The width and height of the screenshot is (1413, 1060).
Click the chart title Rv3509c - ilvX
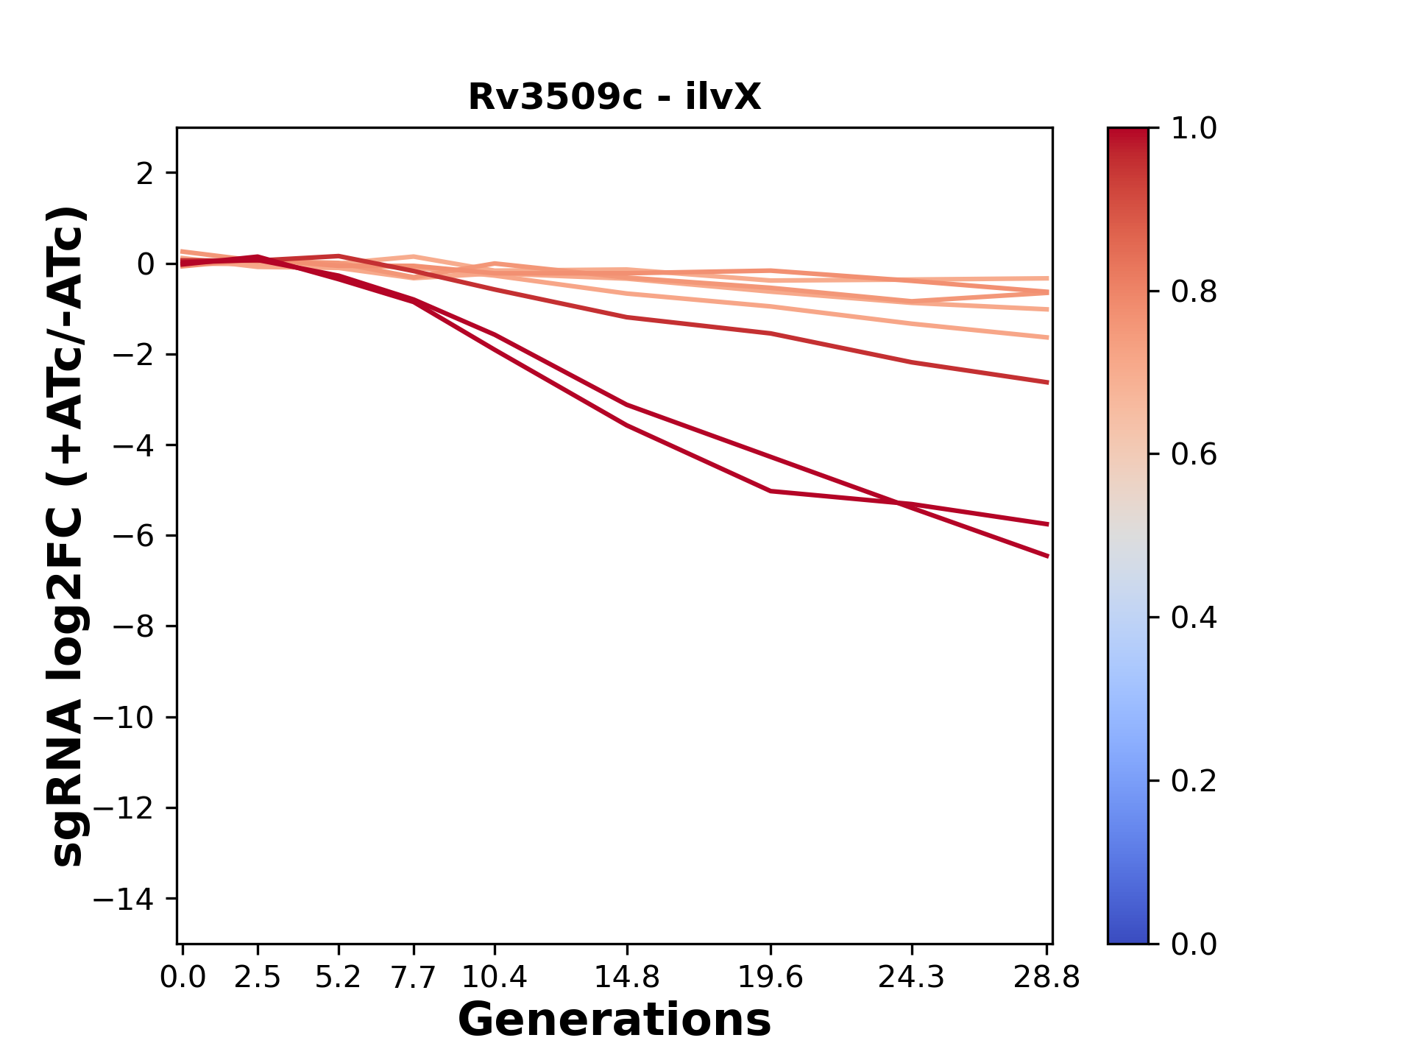(615, 97)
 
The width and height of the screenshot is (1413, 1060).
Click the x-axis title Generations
(615, 1020)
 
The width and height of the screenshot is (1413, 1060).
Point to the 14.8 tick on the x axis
(626, 978)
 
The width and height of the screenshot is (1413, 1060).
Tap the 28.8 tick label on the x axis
(1047, 978)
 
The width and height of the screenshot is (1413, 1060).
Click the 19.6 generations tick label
(771, 978)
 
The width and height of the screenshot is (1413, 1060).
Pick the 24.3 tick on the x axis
(912, 978)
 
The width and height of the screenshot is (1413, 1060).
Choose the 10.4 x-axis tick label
(495, 978)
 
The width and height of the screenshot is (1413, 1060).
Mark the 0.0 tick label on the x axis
(183, 978)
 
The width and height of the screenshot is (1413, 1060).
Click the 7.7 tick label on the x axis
(414, 978)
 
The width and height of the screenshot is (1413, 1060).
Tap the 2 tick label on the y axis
(145, 174)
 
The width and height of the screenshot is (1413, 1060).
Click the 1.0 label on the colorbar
(1194, 129)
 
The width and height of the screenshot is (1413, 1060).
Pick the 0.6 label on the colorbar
(1194, 455)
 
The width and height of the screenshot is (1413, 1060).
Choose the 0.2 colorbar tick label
(1194, 781)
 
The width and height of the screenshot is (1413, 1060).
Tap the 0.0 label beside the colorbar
(1194, 944)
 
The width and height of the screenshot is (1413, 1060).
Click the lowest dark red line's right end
(1047, 556)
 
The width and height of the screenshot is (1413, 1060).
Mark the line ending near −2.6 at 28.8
(1047, 382)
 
